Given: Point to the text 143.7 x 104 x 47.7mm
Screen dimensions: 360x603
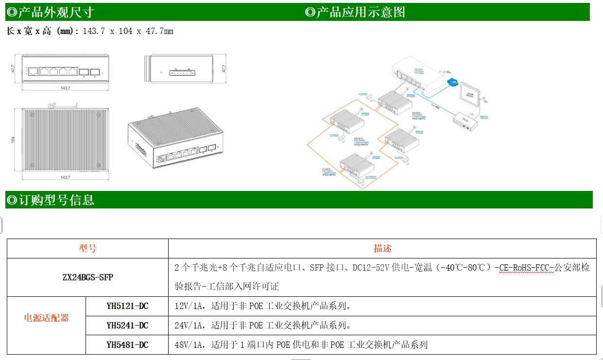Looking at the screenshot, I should [x=128, y=32].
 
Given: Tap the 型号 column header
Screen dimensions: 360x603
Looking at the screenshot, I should [x=87, y=248].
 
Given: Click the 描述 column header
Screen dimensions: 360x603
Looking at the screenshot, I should [x=382, y=248].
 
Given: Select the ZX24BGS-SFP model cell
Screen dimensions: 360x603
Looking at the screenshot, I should [x=88, y=277].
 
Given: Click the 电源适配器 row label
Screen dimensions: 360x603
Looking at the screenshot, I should [x=47, y=318].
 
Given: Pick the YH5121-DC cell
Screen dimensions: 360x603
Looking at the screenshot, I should [x=127, y=306].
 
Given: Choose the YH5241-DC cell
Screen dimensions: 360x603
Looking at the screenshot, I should [x=127, y=326].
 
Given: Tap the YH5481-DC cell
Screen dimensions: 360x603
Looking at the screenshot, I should [x=127, y=345].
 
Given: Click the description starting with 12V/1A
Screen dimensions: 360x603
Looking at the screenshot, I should [x=263, y=306].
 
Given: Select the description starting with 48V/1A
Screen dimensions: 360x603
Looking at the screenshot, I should [x=301, y=345].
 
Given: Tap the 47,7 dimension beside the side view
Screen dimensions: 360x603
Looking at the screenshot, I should [x=224, y=69].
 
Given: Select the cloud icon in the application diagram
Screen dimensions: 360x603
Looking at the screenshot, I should [x=452, y=83].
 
